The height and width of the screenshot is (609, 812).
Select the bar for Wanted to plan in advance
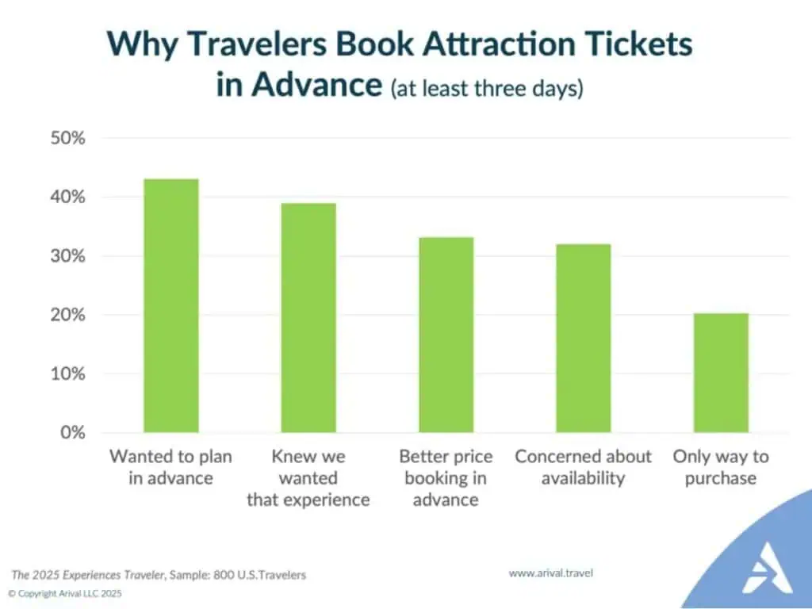[x=170, y=306]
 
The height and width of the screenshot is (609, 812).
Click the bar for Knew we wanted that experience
[x=308, y=318]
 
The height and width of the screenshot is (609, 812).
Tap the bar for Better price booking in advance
[x=446, y=335]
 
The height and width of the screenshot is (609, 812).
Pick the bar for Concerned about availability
[x=583, y=338]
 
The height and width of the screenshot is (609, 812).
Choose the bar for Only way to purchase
[x=721, y=373]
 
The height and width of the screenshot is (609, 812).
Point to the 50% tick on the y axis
[x=67, y=139]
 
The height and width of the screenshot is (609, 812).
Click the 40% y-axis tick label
[x=67, y=197]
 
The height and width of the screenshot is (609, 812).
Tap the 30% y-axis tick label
[x=67, y=256]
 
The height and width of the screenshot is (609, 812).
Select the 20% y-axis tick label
[x=67, y=315]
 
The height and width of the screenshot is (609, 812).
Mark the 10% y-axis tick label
[x=67, y=373]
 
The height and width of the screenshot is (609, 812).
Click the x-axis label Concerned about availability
[x=583, y=467]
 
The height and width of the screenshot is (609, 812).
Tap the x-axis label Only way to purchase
[x=721, y=467]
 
